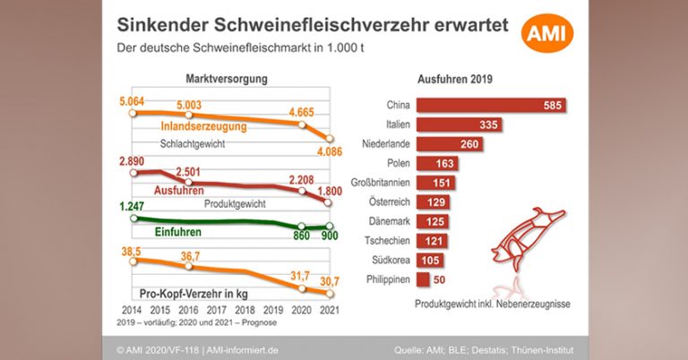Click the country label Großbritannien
coord(382,184)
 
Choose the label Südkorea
coord(391,261)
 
